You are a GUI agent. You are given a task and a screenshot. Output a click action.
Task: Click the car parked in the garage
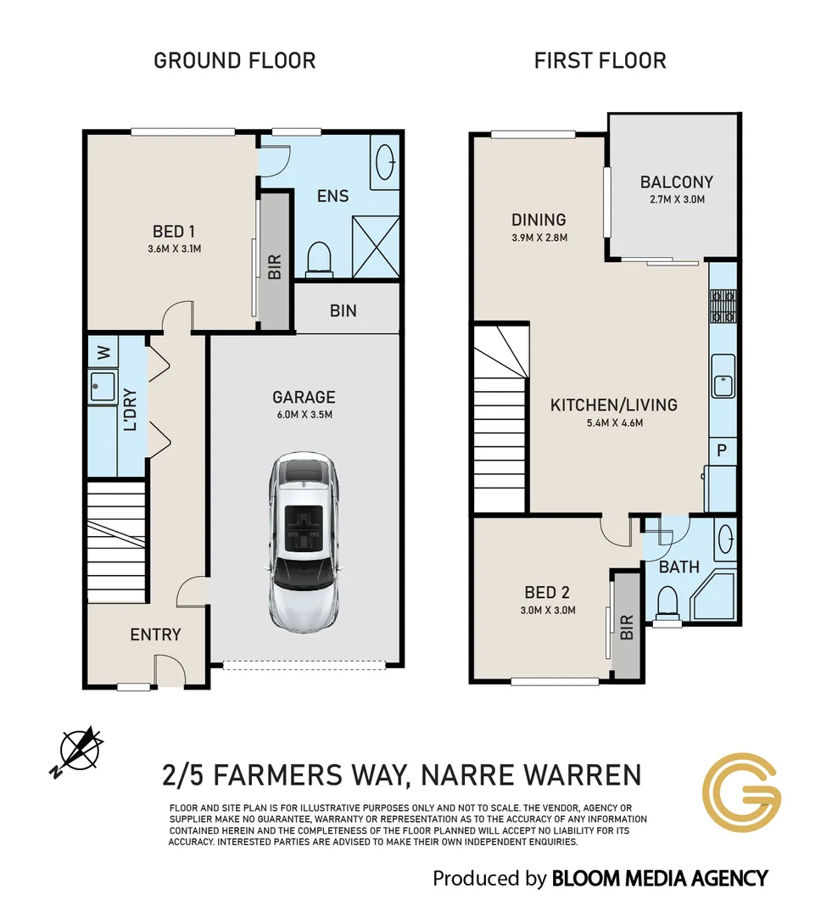click(304, 540)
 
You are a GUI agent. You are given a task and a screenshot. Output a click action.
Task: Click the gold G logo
click(741, 793)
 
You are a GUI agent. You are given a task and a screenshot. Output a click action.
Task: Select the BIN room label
click(343, 310)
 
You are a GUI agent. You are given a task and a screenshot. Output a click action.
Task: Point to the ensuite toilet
click(319, 260)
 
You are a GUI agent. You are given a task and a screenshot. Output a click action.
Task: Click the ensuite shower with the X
click(376, 247)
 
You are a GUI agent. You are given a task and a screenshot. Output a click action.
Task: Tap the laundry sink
click(103, 387)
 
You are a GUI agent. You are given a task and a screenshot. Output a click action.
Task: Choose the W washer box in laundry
click(103, 352)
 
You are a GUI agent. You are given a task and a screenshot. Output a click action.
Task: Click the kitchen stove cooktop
click(723, 307)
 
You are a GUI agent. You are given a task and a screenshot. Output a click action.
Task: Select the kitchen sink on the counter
click(723, 377)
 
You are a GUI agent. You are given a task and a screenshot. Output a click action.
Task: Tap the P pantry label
click(722, 450)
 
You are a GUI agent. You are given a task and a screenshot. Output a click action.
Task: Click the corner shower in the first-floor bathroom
click(713, 596)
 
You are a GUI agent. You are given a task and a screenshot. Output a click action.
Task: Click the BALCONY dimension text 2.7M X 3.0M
click(677, 199)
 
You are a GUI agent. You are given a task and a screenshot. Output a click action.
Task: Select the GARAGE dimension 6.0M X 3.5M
click(304, 415)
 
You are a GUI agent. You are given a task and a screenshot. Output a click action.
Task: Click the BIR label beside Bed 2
click(627, 628)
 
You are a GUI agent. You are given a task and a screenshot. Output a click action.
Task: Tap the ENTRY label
click(155, 634)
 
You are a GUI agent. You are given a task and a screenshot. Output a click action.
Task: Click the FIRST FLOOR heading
click(600, 61)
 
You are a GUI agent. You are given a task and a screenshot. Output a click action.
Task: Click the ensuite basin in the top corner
click(385, 161)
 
